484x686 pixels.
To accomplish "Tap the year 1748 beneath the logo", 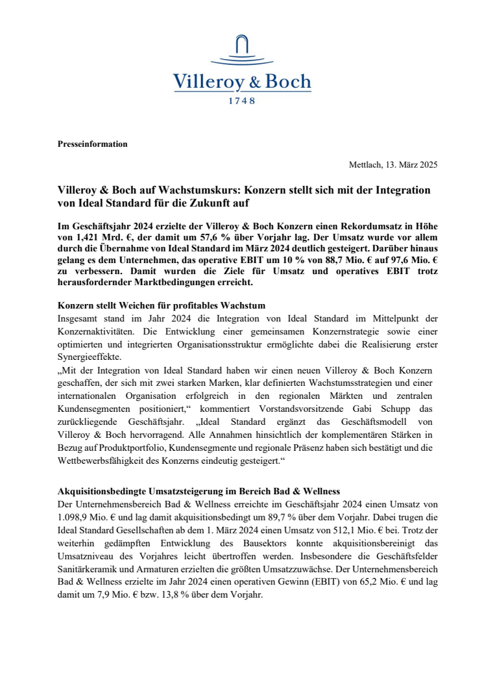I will click(x=242, y=101).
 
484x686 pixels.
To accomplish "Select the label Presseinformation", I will click(x=93, y=144).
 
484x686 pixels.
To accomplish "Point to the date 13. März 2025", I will click(x=409, y=165).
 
